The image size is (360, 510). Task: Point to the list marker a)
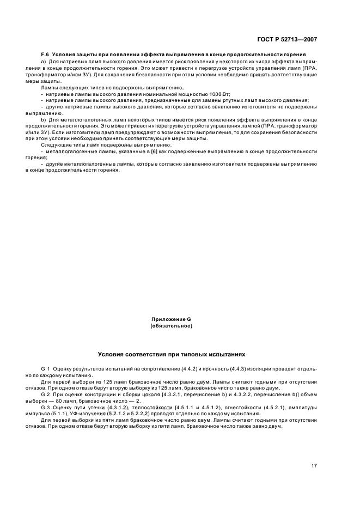pos(44,62)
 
